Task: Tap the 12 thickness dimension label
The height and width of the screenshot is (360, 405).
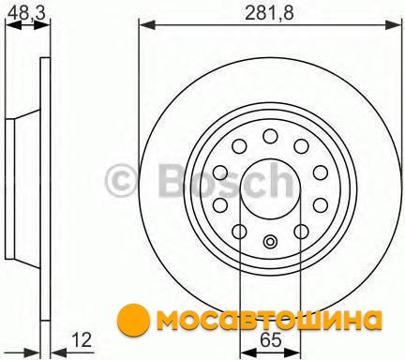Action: click(82, 339)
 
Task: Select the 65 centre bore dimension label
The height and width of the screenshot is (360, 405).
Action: click(271, 340)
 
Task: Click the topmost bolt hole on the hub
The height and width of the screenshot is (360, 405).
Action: click(270, 136)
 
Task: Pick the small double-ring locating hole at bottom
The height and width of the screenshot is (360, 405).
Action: click(270, 241)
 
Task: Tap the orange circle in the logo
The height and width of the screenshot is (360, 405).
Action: click(133, 319)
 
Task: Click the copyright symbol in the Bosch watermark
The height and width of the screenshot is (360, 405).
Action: click(122, 180)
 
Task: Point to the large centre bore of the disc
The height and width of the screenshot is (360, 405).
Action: click(270, 189)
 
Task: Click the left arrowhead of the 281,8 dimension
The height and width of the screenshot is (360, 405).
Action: click(147, 25)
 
